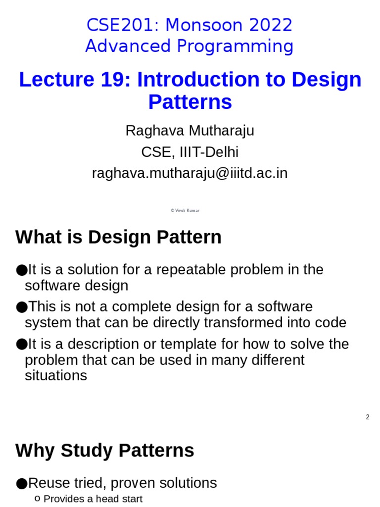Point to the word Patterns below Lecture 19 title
pyautogui.click(x=190, y=102)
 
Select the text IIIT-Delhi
pyautogui.click(x=207, y=152)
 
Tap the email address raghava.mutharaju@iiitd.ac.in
pyautogui.click(x=190, y=173)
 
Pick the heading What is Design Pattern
pyautogui.click(x=118, y=238)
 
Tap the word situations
pyautogui.click(x=55, y=375)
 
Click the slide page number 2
pyautogui.click(x=368, y=417)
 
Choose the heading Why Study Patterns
pyautogui.click(x=104, y=451)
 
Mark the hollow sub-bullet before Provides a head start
pyautogui.click(x=38, y=499)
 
